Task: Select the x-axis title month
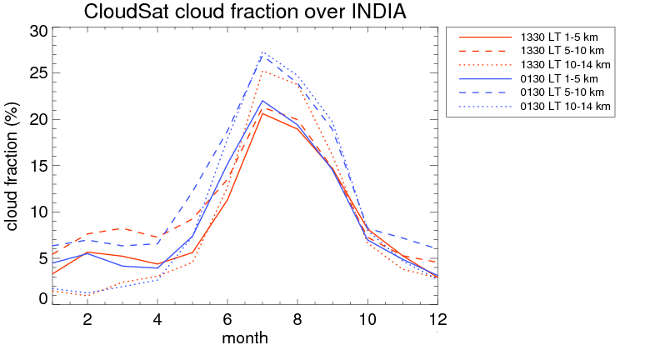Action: click(245, 338)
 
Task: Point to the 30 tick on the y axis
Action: click(38, 32)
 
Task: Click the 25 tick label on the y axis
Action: click(38, 75)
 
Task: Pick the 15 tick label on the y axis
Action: click(38, 165)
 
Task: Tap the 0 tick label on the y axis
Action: click(43, 298)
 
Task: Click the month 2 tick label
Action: click(87, 319)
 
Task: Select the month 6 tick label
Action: click(227, 319)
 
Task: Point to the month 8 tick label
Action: click(297, 319)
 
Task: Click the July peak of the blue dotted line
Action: click(262, 52)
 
